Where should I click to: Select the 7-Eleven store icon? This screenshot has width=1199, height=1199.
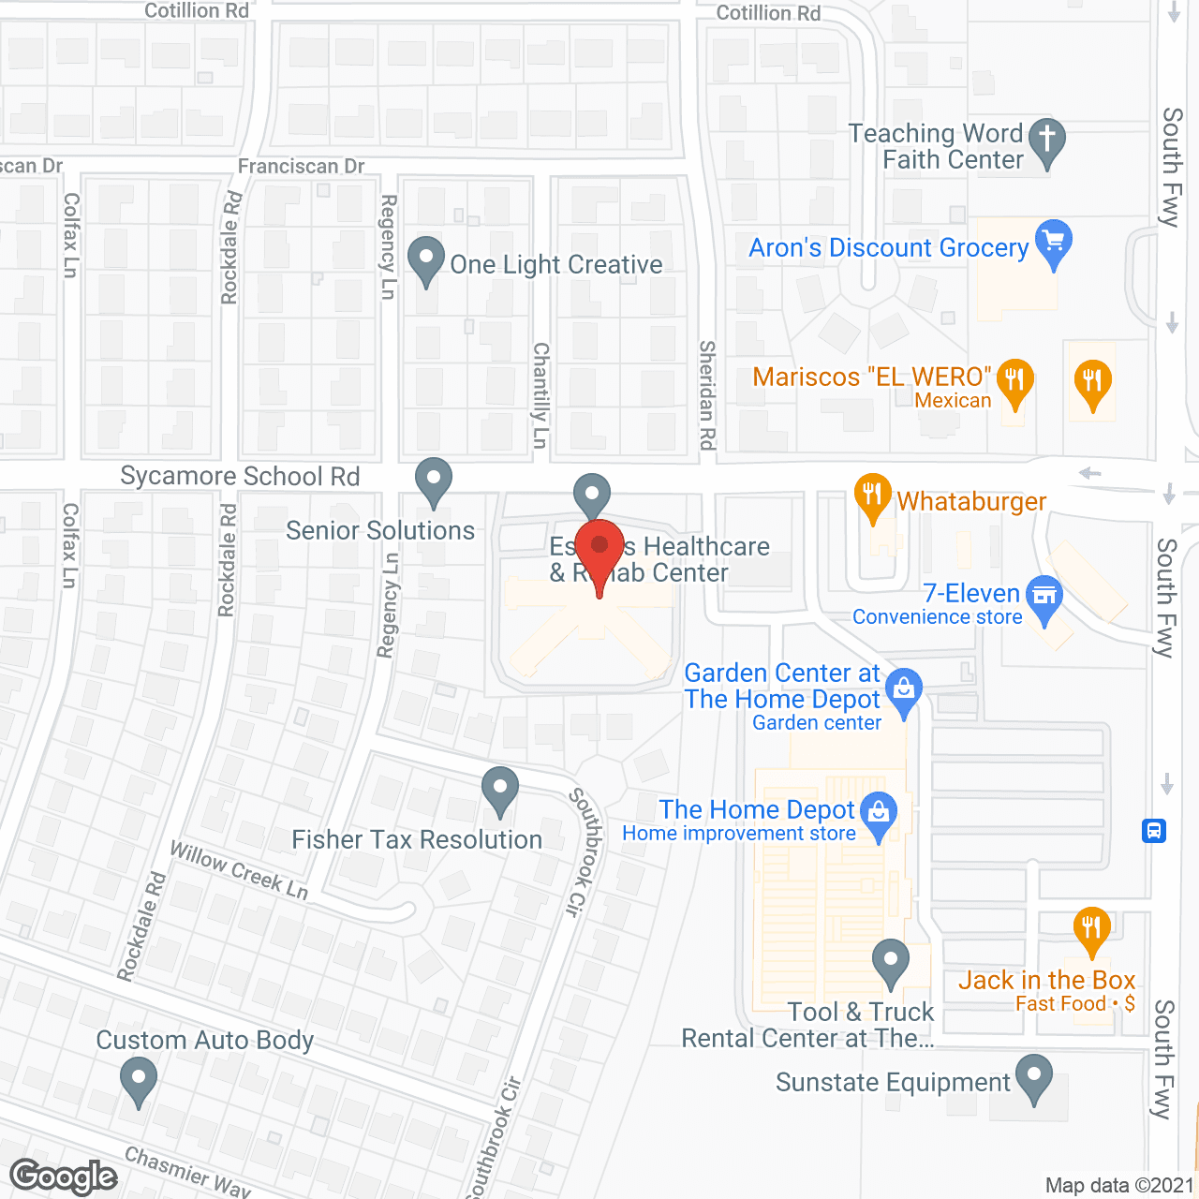coord(1044,597)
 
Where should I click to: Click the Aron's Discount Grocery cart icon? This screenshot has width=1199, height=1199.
coord(1055,241)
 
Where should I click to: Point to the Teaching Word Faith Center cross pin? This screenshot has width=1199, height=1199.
coord(1047,141)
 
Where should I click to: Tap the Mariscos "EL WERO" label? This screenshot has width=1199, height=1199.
coord(871,377)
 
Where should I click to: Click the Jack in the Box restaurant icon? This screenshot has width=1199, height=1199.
coord(1092,929)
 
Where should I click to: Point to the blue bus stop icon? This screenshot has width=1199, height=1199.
coord(1154,830)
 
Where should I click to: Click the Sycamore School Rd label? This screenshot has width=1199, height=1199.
coord(240,476)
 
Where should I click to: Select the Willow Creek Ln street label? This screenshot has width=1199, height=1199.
coord(239,870)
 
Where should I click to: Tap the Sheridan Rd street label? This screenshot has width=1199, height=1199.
coord(707,394)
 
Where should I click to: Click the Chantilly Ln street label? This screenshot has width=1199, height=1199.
coord(540,394)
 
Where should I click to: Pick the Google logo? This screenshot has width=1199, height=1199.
coord(64,1177)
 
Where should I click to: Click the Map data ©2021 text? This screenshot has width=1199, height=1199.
coord(1118,1186)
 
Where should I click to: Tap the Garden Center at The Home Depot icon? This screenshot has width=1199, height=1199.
coord(904,691)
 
